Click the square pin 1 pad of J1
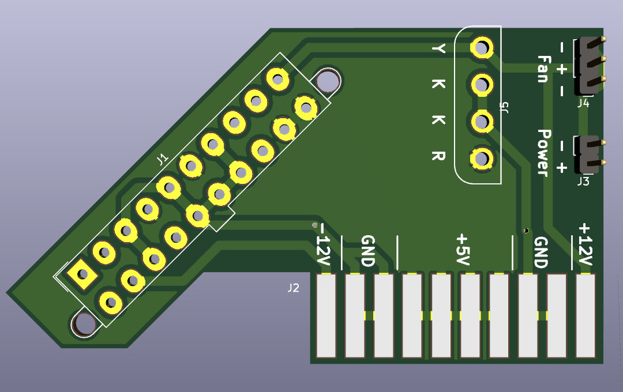(x=82, y=274)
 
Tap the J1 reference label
(x=162, y=160)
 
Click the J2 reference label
(x=293, y=288)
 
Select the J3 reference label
(x=583, y=182)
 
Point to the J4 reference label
(x=583, y=103)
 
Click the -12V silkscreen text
(x=323, y=245)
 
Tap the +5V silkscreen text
(x=463, y=250)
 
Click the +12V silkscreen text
(x=586, y=244)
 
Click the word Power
(x=543, y=153)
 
